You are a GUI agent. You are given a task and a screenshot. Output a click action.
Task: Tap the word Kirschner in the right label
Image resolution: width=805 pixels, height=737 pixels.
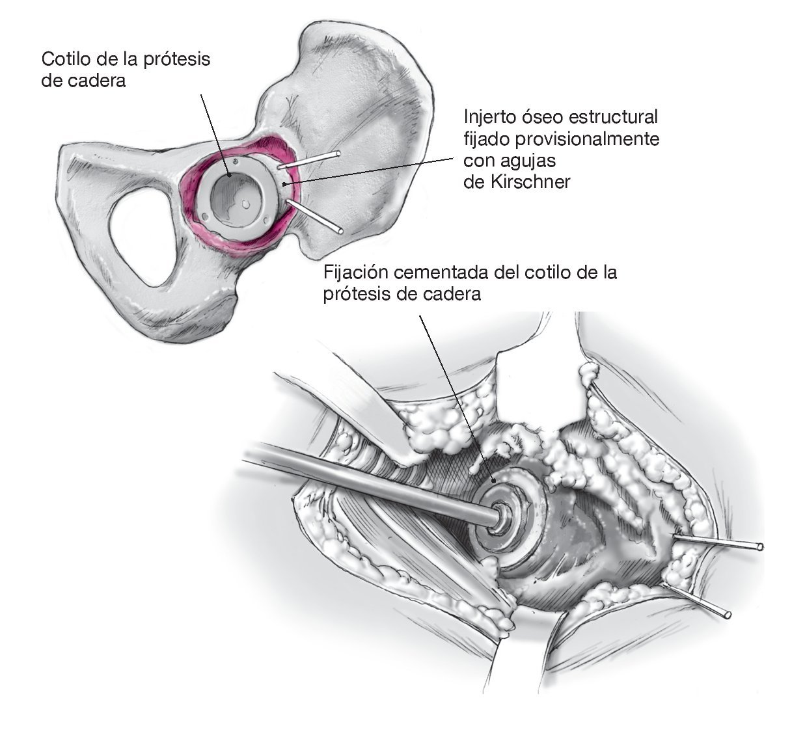531,182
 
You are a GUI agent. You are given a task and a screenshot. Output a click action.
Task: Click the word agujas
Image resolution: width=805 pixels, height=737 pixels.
526,161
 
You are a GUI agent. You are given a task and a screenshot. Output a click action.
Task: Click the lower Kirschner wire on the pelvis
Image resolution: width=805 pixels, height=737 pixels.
316,218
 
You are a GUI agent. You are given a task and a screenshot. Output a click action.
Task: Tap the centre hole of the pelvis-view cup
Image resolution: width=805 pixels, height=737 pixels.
245,203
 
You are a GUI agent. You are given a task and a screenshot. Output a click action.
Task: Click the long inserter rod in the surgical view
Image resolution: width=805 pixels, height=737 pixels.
364,481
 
